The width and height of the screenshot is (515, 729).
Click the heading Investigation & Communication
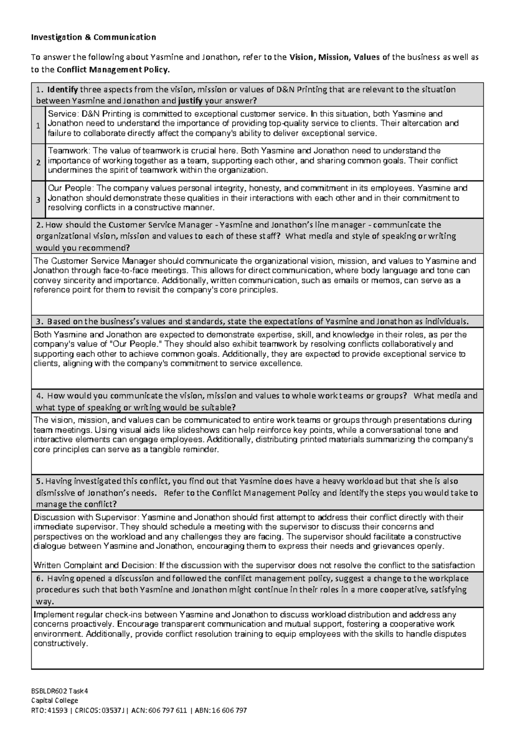(93, 37)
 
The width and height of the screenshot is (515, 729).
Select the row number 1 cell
(38, 126)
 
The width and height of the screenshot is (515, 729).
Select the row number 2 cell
(38, 162)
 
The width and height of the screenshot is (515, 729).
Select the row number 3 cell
(38, 199)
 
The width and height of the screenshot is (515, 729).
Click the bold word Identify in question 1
(63, 90)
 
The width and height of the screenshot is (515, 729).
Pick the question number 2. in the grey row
(40, 225)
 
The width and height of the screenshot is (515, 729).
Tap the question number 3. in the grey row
(40, 322)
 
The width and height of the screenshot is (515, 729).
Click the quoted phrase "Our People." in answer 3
(136, 344)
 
